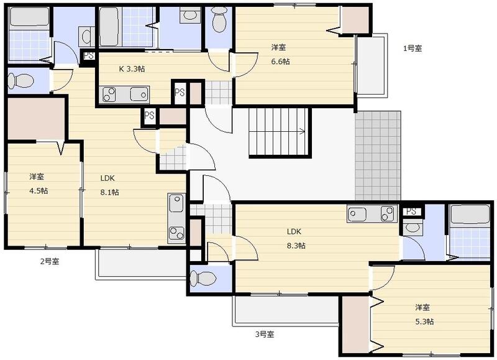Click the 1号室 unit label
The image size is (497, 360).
413,48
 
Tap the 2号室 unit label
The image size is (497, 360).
50,262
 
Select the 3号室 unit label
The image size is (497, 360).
265,334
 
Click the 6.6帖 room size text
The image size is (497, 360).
280,61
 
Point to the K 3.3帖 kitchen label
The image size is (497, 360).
132,68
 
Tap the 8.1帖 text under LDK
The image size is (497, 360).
110,192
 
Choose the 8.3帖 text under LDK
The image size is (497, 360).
296,246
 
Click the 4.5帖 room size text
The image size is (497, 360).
39,191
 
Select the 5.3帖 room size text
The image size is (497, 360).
424,321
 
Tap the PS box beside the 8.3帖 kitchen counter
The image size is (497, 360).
411,211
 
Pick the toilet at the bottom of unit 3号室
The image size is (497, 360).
203,279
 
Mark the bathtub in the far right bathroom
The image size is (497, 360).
470,215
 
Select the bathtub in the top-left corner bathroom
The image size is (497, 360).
29,17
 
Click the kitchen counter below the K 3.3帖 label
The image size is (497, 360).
124,95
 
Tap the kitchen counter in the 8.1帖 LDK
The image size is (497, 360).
176,218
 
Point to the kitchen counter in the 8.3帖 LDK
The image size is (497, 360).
372,213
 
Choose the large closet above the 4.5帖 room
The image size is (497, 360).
36,119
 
